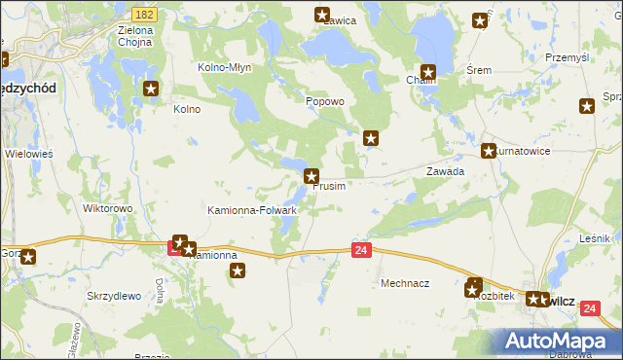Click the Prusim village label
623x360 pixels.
pos(329,187)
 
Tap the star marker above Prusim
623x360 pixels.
pos(311,176)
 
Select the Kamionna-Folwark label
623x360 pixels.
pos(252,209)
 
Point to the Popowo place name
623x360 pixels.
pos(325,101)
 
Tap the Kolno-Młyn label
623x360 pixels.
pos(226,68)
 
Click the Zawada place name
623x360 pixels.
pos(445,170)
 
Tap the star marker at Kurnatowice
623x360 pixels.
pos(489,151)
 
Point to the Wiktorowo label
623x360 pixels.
pos(107,208)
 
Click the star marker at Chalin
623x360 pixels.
pos(427,71)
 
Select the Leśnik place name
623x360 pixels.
pos(594,237)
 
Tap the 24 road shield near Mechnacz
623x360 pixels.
pos(361,251)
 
